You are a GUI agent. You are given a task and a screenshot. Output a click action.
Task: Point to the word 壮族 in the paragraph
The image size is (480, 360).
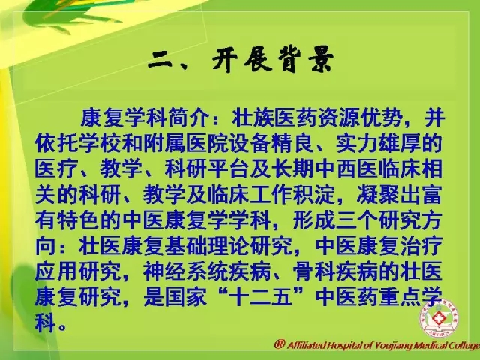[253, 118]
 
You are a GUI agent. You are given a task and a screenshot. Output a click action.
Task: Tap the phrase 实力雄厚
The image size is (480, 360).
[379, 143]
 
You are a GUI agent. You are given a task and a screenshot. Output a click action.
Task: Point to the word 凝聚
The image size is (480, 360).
[378, 194]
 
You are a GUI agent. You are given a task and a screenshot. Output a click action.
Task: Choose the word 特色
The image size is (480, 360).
[78, 220]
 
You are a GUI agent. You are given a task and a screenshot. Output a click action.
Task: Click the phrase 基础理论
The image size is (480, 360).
[207, 245]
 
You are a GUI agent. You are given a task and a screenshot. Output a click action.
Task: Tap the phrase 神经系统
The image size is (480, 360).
[187, 271]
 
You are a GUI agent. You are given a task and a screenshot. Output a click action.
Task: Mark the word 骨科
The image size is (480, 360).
[314, 271]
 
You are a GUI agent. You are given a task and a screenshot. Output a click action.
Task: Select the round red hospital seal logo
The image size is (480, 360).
[439, 318]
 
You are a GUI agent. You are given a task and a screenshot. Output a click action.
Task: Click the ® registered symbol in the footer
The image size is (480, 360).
[280, 344]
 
